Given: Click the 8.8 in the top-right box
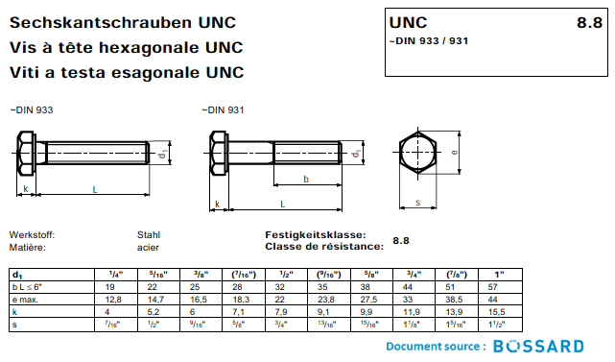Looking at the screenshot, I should pos(588,22).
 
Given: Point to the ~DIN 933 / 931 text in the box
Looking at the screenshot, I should pos(428,40).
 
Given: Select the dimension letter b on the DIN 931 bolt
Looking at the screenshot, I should pos(305,180).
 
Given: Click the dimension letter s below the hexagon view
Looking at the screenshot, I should pos(419,202).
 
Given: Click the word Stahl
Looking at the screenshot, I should pos(149,234).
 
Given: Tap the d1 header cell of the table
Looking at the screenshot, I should pos(16,276).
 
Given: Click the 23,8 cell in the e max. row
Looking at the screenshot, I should pos(323,300).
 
